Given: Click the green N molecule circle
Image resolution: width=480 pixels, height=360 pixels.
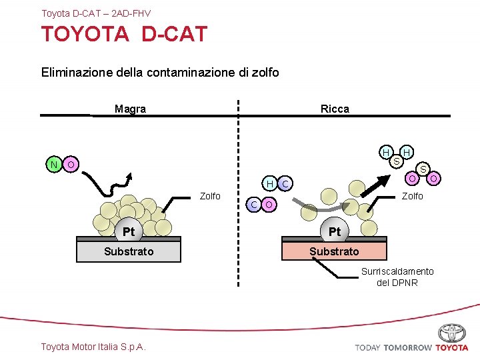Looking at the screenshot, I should (x=53, y=164).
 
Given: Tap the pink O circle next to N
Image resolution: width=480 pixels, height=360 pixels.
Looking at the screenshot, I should (x=70, y=164).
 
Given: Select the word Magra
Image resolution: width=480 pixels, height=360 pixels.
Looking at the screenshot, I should (x=130, y=109).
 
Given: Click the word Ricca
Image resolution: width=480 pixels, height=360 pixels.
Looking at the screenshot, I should (x=335, y=109).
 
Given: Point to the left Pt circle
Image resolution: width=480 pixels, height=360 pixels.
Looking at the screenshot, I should (x=129, y=231).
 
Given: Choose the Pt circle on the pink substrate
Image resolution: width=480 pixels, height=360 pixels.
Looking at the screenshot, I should (x=335, y=231).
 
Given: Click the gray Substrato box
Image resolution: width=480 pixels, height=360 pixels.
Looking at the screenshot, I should (x=129, y=251).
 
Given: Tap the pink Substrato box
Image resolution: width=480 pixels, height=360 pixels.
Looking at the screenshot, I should (x=334, y=251).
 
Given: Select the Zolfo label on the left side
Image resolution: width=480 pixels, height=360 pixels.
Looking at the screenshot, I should (x=210, y=195).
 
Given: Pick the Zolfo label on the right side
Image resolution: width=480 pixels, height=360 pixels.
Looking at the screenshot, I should (x=412, y=195).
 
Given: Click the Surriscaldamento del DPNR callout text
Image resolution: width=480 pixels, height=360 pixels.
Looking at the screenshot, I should (x=397, y=277).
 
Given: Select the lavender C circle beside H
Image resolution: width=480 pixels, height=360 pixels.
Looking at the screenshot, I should (x=285, y=183).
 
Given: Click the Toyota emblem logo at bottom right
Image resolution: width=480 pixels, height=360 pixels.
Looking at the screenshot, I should (x=452, y=333).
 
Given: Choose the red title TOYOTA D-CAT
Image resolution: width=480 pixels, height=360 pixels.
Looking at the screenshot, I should (x=125, y=34).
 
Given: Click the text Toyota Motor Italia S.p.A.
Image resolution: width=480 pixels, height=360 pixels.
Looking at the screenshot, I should (x=93, y=346).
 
